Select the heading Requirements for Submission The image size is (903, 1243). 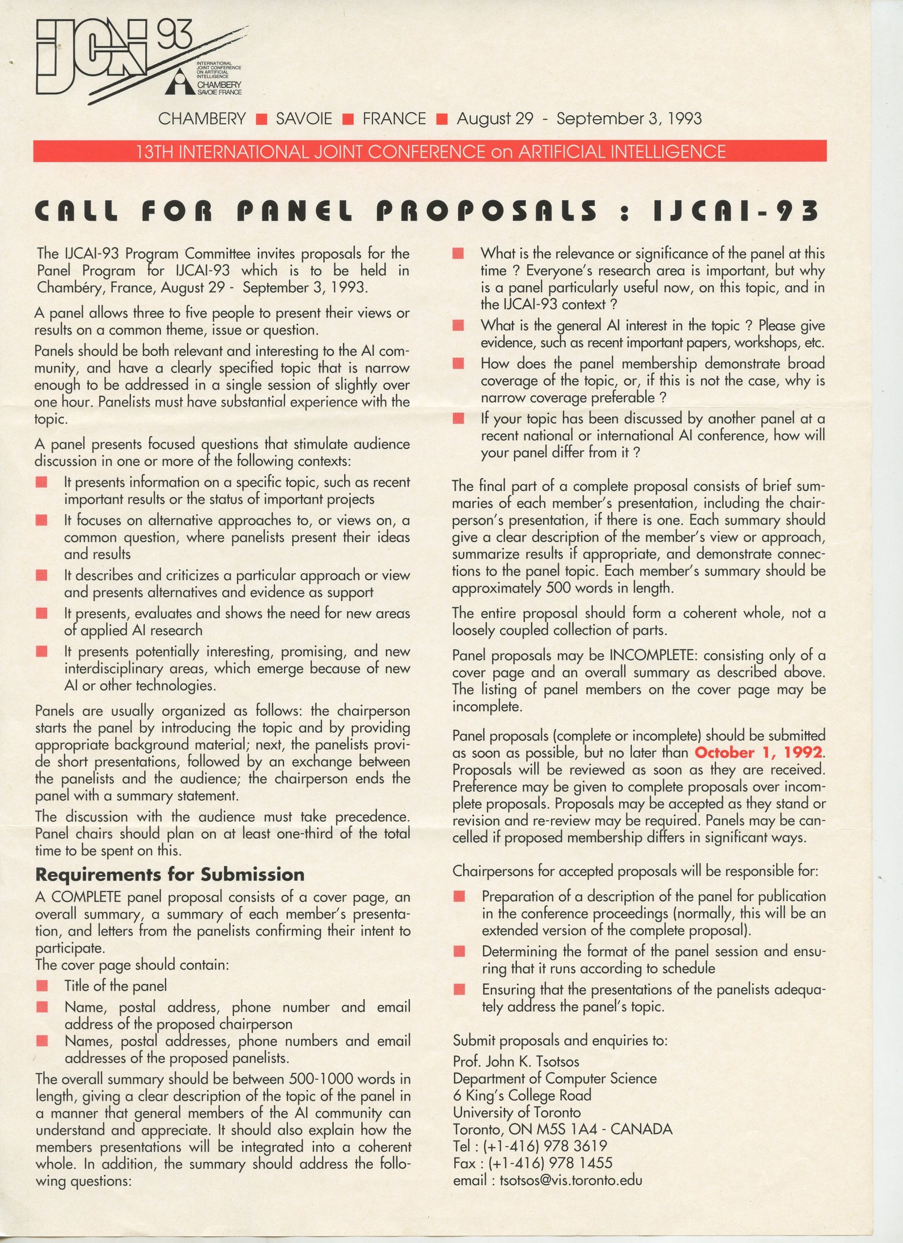(169, 874)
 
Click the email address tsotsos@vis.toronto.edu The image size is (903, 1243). (570, 1180)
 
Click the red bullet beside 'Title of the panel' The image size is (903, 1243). (42, 987)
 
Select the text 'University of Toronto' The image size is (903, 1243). (517, 1112)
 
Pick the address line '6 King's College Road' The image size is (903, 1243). (521, 1095)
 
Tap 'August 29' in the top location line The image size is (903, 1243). (495, 118)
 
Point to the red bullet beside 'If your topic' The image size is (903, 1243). (459, 419)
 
